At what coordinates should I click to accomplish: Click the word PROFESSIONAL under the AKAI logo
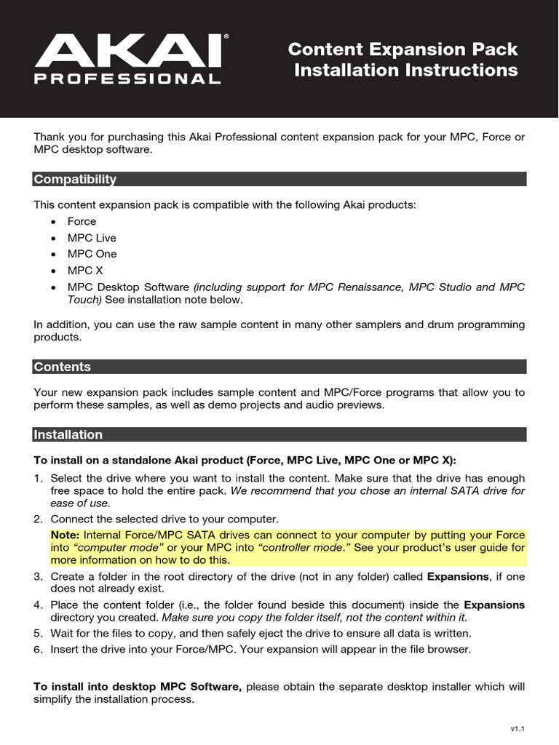[128, 79]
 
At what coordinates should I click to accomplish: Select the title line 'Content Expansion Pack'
[403, 49]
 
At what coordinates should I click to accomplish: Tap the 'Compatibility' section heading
[75, 179]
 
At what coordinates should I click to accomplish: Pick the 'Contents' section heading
[63, 367]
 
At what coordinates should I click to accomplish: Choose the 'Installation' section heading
[68, 434]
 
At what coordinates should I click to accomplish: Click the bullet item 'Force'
[82, 221]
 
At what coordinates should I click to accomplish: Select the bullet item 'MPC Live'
[92, 238]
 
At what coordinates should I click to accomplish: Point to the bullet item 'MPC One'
[92, 254]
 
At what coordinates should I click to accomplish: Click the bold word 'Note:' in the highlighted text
[66, 535]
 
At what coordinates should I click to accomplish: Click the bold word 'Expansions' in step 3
[458, 576]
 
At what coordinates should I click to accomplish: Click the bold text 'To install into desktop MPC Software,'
[138, 687]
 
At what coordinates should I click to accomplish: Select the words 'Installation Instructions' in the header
[405, 71]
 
